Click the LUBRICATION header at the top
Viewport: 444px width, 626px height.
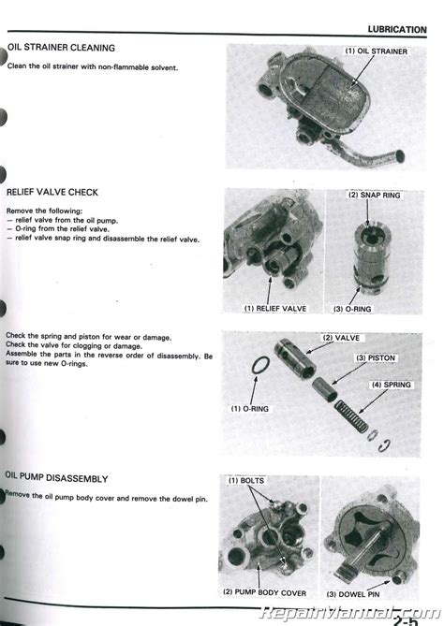[397, 30]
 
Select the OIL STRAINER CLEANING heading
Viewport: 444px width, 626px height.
[61, 48]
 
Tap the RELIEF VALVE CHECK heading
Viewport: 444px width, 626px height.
[52, 193]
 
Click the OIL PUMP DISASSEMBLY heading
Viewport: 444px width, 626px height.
[56, 478]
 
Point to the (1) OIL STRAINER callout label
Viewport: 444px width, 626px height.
[376, 51]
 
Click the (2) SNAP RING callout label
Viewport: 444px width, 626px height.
[374, 196]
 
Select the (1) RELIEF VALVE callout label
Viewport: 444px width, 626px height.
[275, 309]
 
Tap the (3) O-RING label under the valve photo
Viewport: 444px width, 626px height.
[352, 309]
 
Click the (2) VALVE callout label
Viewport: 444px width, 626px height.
[341, 338]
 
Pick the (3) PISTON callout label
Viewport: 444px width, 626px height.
[376, 358]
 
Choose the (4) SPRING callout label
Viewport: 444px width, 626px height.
[392, 385]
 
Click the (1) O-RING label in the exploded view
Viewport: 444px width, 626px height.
[250, 409]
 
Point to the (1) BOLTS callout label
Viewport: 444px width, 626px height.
[246, 481]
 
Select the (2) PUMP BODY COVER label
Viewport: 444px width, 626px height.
[264, 592]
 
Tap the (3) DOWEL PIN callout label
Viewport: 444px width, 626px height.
[353, 594]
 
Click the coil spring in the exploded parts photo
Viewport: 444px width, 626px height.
[351, 416]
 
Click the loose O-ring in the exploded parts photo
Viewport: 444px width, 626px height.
[260, 366]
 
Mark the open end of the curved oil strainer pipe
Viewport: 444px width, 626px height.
[400, 155]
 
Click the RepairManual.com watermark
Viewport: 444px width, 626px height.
[349, 612]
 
